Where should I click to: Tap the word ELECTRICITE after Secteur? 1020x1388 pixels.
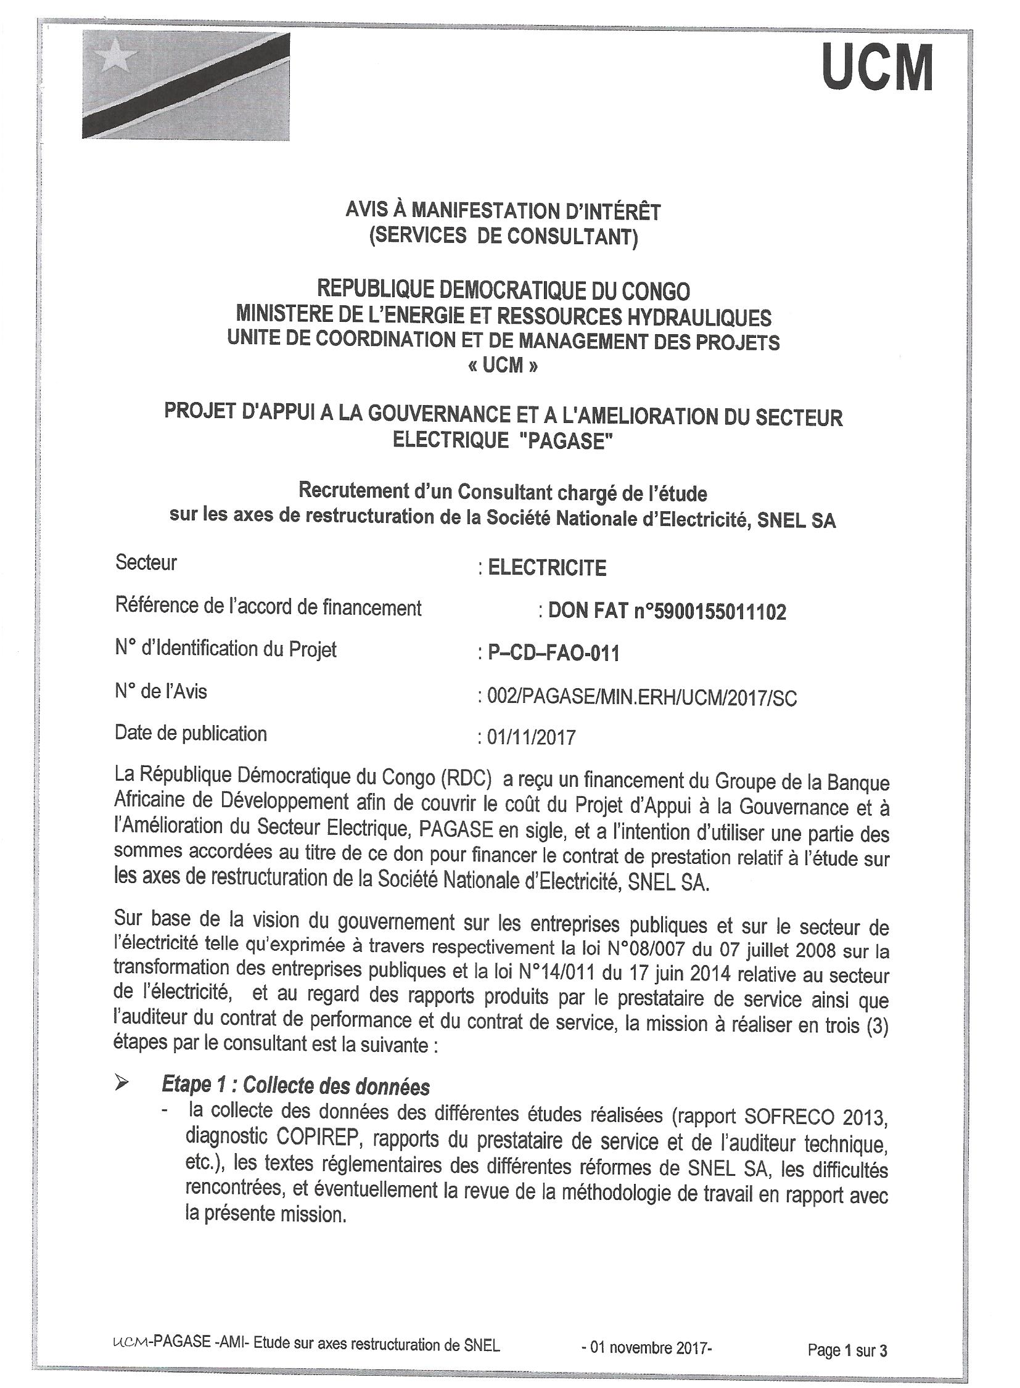coord(547,568)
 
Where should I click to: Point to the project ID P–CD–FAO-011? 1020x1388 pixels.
coord(553,653)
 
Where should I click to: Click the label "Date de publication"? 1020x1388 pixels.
coord(191,734)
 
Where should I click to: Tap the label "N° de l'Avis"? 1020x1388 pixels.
coord(160,691)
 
